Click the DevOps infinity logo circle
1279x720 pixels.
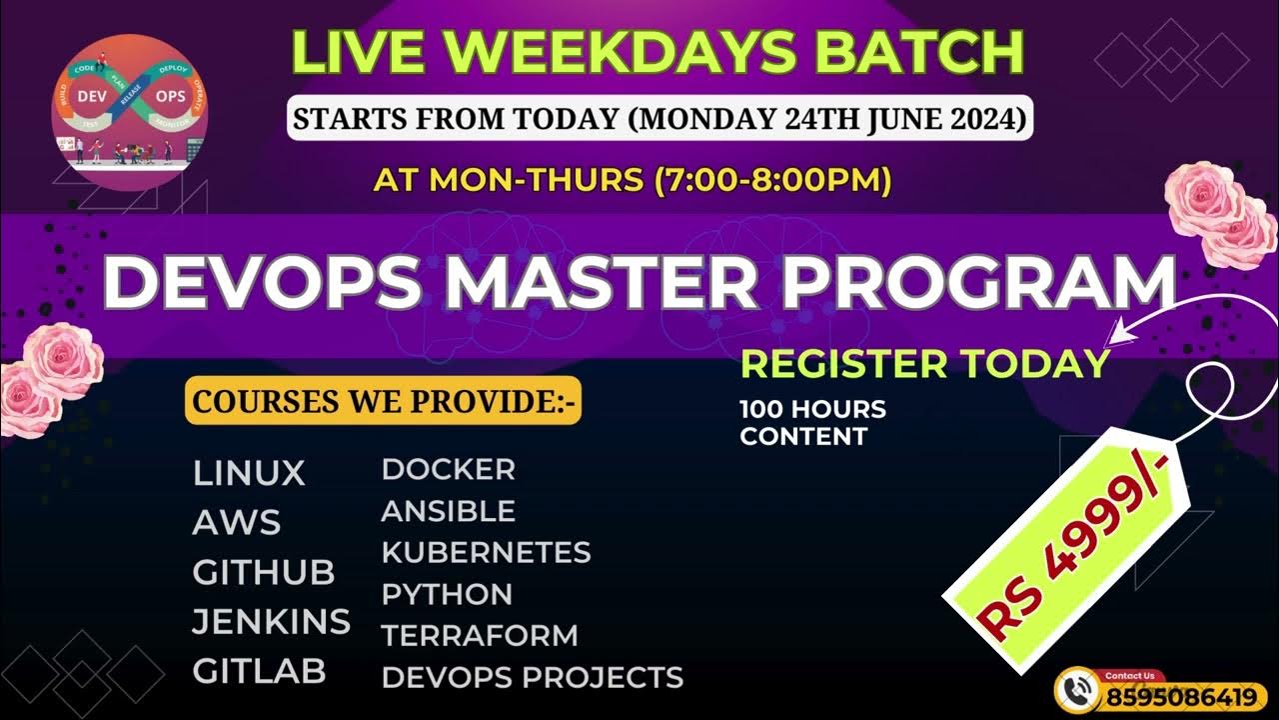129,111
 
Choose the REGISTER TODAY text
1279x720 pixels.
924,364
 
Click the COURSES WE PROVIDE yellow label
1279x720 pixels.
383,402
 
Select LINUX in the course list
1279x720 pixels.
249,473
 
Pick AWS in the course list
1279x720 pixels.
237,522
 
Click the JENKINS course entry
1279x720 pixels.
271,622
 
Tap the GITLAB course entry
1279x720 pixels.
259,671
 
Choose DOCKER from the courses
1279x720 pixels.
449,468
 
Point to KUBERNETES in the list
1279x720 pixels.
486,552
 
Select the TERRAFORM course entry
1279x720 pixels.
480,635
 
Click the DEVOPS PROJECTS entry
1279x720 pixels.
532,677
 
